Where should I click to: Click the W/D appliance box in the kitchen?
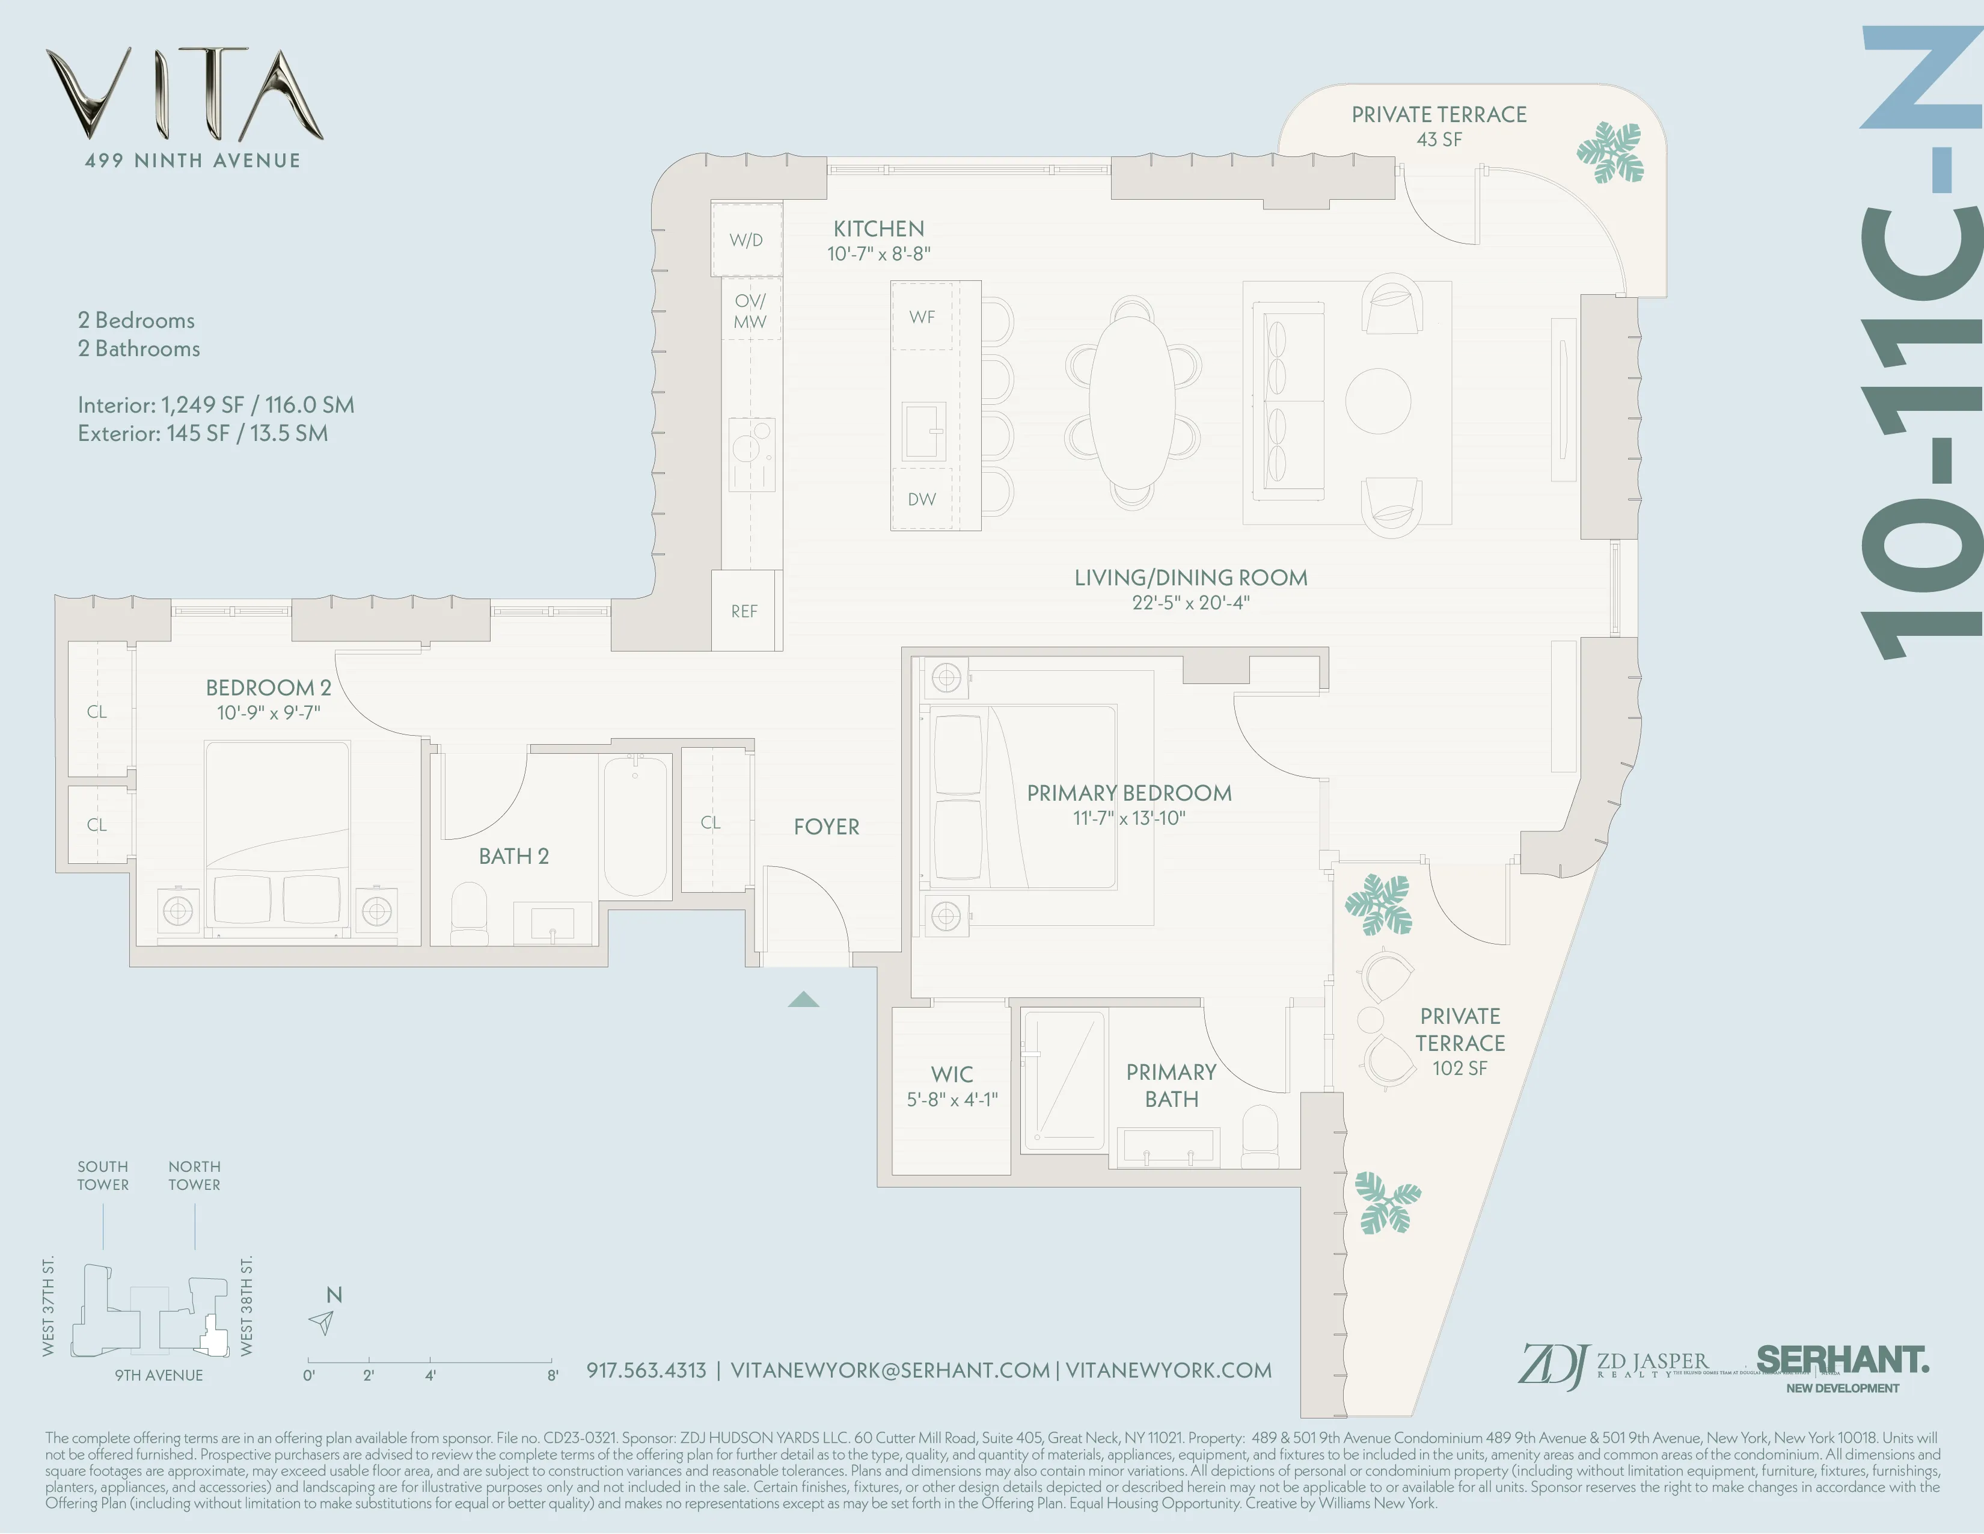(746, 240)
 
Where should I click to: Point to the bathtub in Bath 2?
(635, 825)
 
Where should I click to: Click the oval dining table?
(1132, 401)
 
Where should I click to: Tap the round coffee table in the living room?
(1377, 401)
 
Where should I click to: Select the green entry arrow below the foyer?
(803, 1000)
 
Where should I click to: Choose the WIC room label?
(951, 1074)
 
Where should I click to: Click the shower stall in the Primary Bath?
(1064, 1082)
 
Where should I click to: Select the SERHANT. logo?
(1842, 1360)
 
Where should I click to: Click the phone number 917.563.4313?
(646, 1370)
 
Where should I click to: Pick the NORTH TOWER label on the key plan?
(194, 1175)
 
